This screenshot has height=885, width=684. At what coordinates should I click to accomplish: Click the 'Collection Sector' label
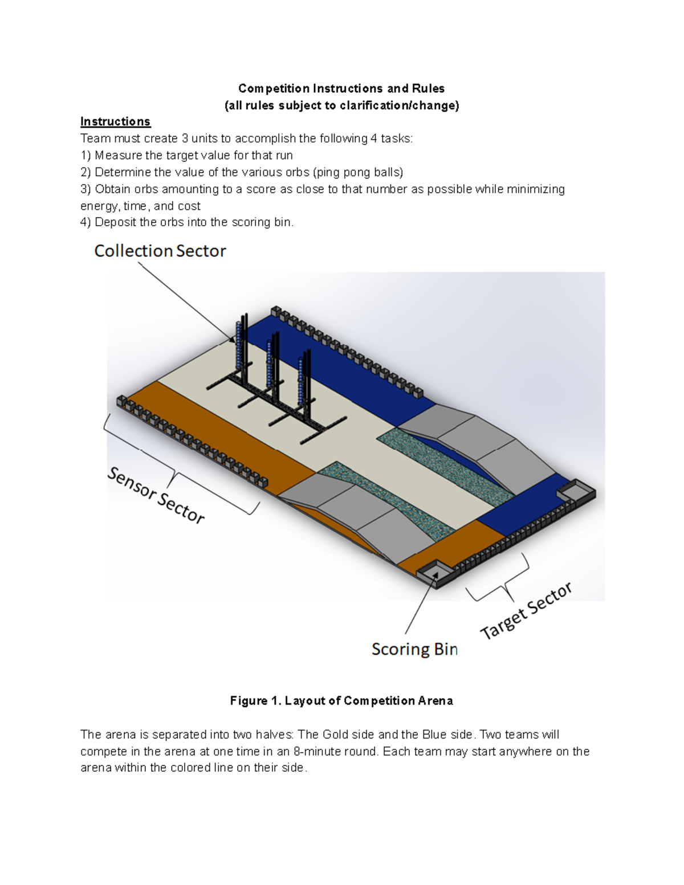pos(160,251)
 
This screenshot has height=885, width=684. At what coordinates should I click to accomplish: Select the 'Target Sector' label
pos(526,611)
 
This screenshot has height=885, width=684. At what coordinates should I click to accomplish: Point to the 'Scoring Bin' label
pos(414,649)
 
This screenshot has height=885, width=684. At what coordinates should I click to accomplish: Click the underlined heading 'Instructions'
pos(115,121)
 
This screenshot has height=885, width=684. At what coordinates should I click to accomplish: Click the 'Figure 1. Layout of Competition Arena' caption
pos(341,701)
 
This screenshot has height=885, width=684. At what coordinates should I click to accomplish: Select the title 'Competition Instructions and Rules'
pos(341,88)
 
